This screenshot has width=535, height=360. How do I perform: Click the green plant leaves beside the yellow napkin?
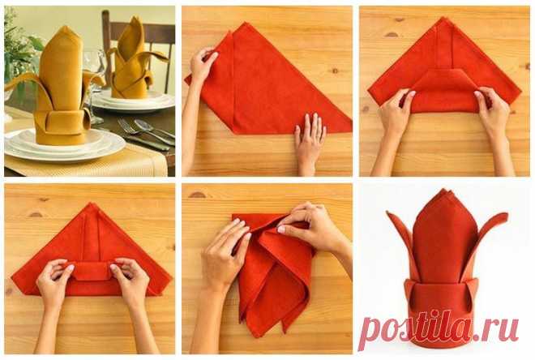(21, 51)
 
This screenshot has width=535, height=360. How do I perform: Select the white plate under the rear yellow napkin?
(134, 101)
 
